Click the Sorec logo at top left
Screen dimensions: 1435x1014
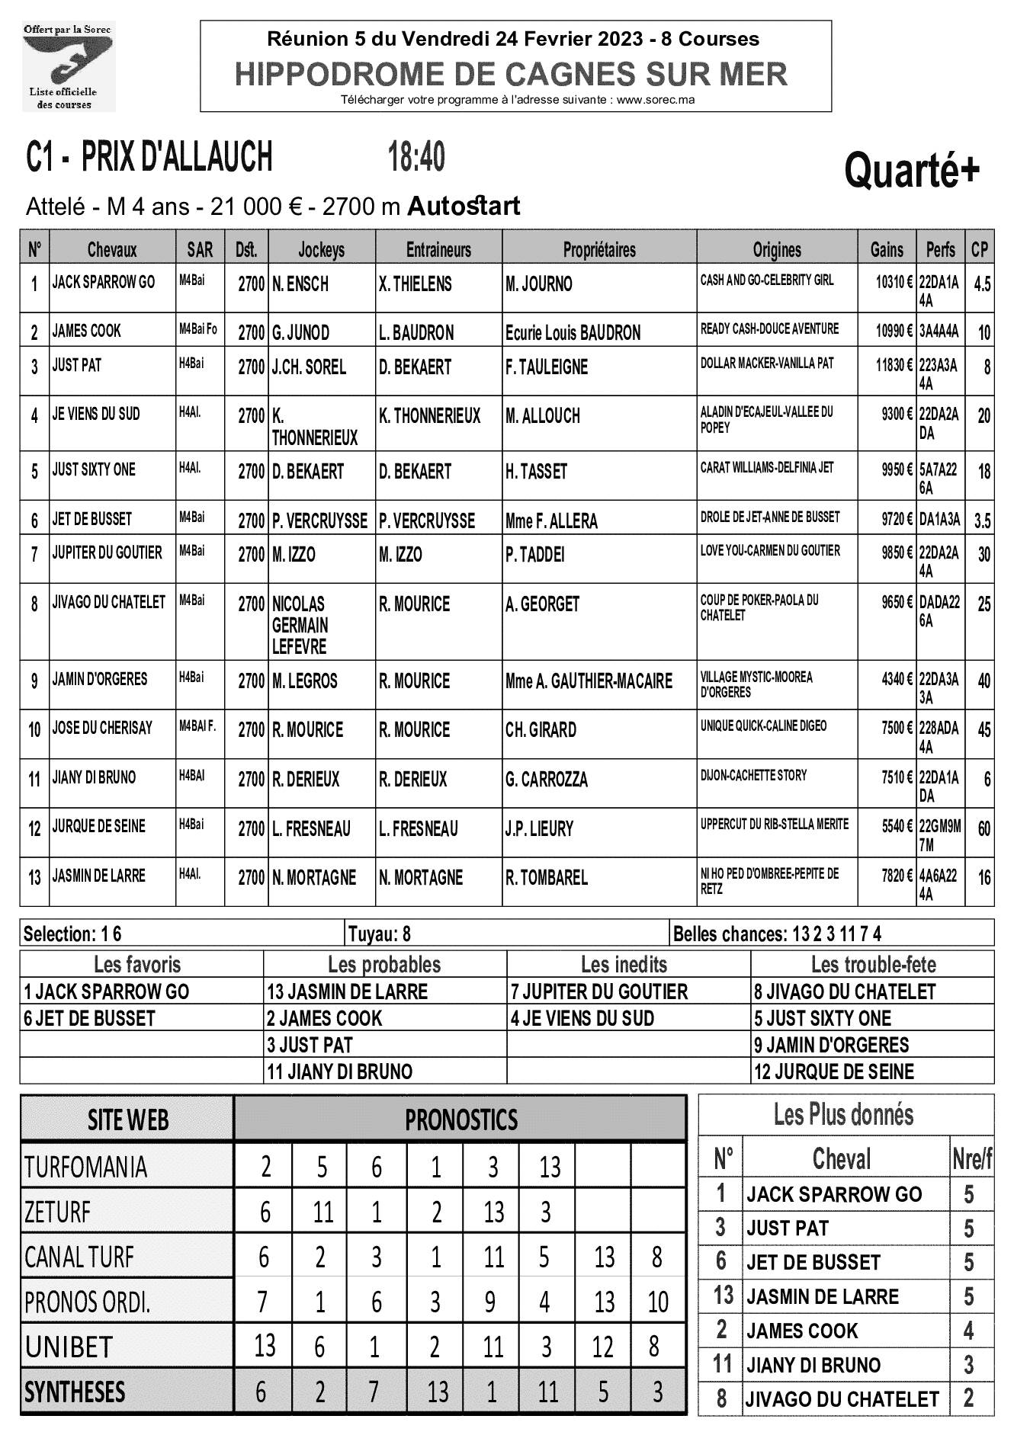(x=69, y=67)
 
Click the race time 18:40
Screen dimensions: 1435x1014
(x=416, y=158)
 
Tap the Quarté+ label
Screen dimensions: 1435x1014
(x=911, y=170)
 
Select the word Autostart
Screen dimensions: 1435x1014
(x=464, y=207)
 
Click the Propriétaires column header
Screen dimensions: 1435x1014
(x=599, y=249)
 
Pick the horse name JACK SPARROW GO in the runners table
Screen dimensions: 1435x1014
(x=103, y=283)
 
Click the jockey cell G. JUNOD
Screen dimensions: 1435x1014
(x=301, y=332)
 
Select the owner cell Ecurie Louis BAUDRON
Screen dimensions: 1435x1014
(x=573, y=333)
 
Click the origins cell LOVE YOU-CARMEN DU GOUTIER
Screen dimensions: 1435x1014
(x=770, y=550)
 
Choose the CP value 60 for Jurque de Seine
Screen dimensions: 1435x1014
(x=984, y=828)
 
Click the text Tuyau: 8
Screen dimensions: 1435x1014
(x=380, y=934)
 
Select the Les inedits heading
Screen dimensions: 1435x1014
(x=624, y=965)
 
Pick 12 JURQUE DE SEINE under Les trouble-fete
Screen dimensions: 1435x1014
(x=833, y=1071)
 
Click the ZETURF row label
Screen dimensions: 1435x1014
(x=58, y=1212)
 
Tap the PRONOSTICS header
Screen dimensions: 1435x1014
(x=461, y=1119)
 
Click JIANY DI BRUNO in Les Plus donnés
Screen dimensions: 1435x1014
(x=813, y=1365)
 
